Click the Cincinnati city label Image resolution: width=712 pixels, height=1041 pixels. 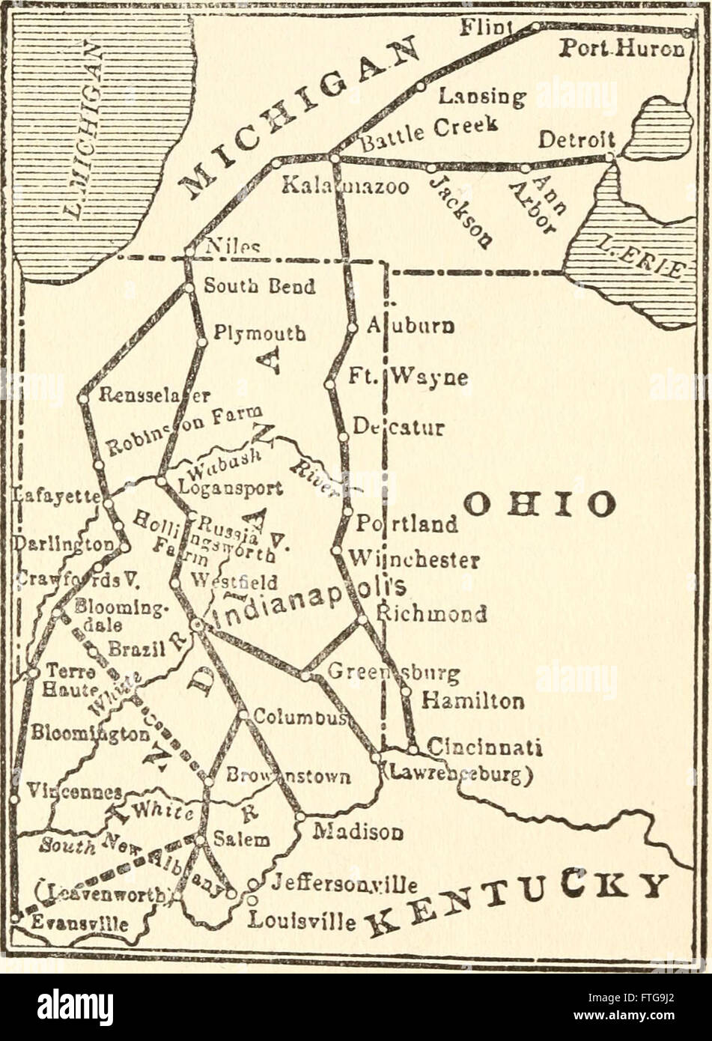coord(484,747)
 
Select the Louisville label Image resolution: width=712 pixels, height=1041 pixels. coord(302,919)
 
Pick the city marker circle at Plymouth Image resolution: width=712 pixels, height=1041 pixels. coord(201,342)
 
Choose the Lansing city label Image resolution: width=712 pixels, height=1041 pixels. coord(482,96)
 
